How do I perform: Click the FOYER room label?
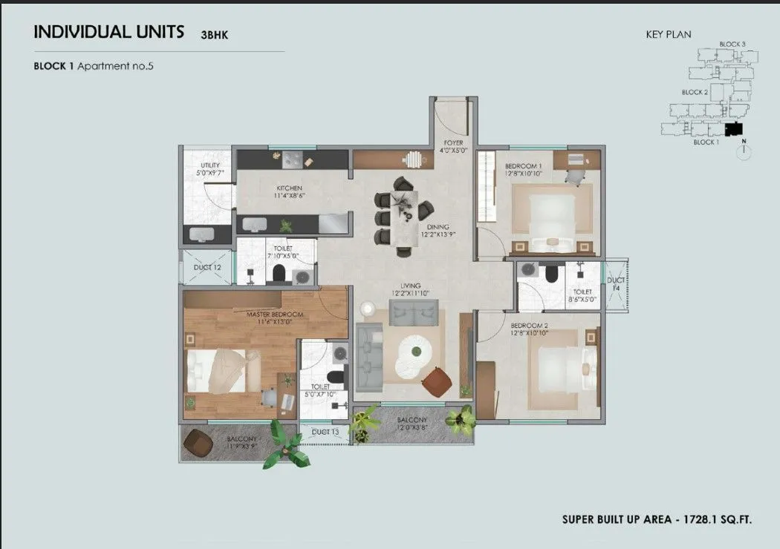point(454,142)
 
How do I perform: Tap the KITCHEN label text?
point(288,188)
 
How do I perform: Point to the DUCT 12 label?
point(207,267)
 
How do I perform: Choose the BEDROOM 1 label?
point(523,165)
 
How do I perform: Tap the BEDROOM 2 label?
point(529,326)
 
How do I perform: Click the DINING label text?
point(438,227)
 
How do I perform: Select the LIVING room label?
point(410,285)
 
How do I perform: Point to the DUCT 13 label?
point(325,431)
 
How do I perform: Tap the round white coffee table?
point(414,352)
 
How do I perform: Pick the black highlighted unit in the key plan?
point(734,129)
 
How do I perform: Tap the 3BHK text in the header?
point(215,34)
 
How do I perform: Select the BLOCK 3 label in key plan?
point(732,45)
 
